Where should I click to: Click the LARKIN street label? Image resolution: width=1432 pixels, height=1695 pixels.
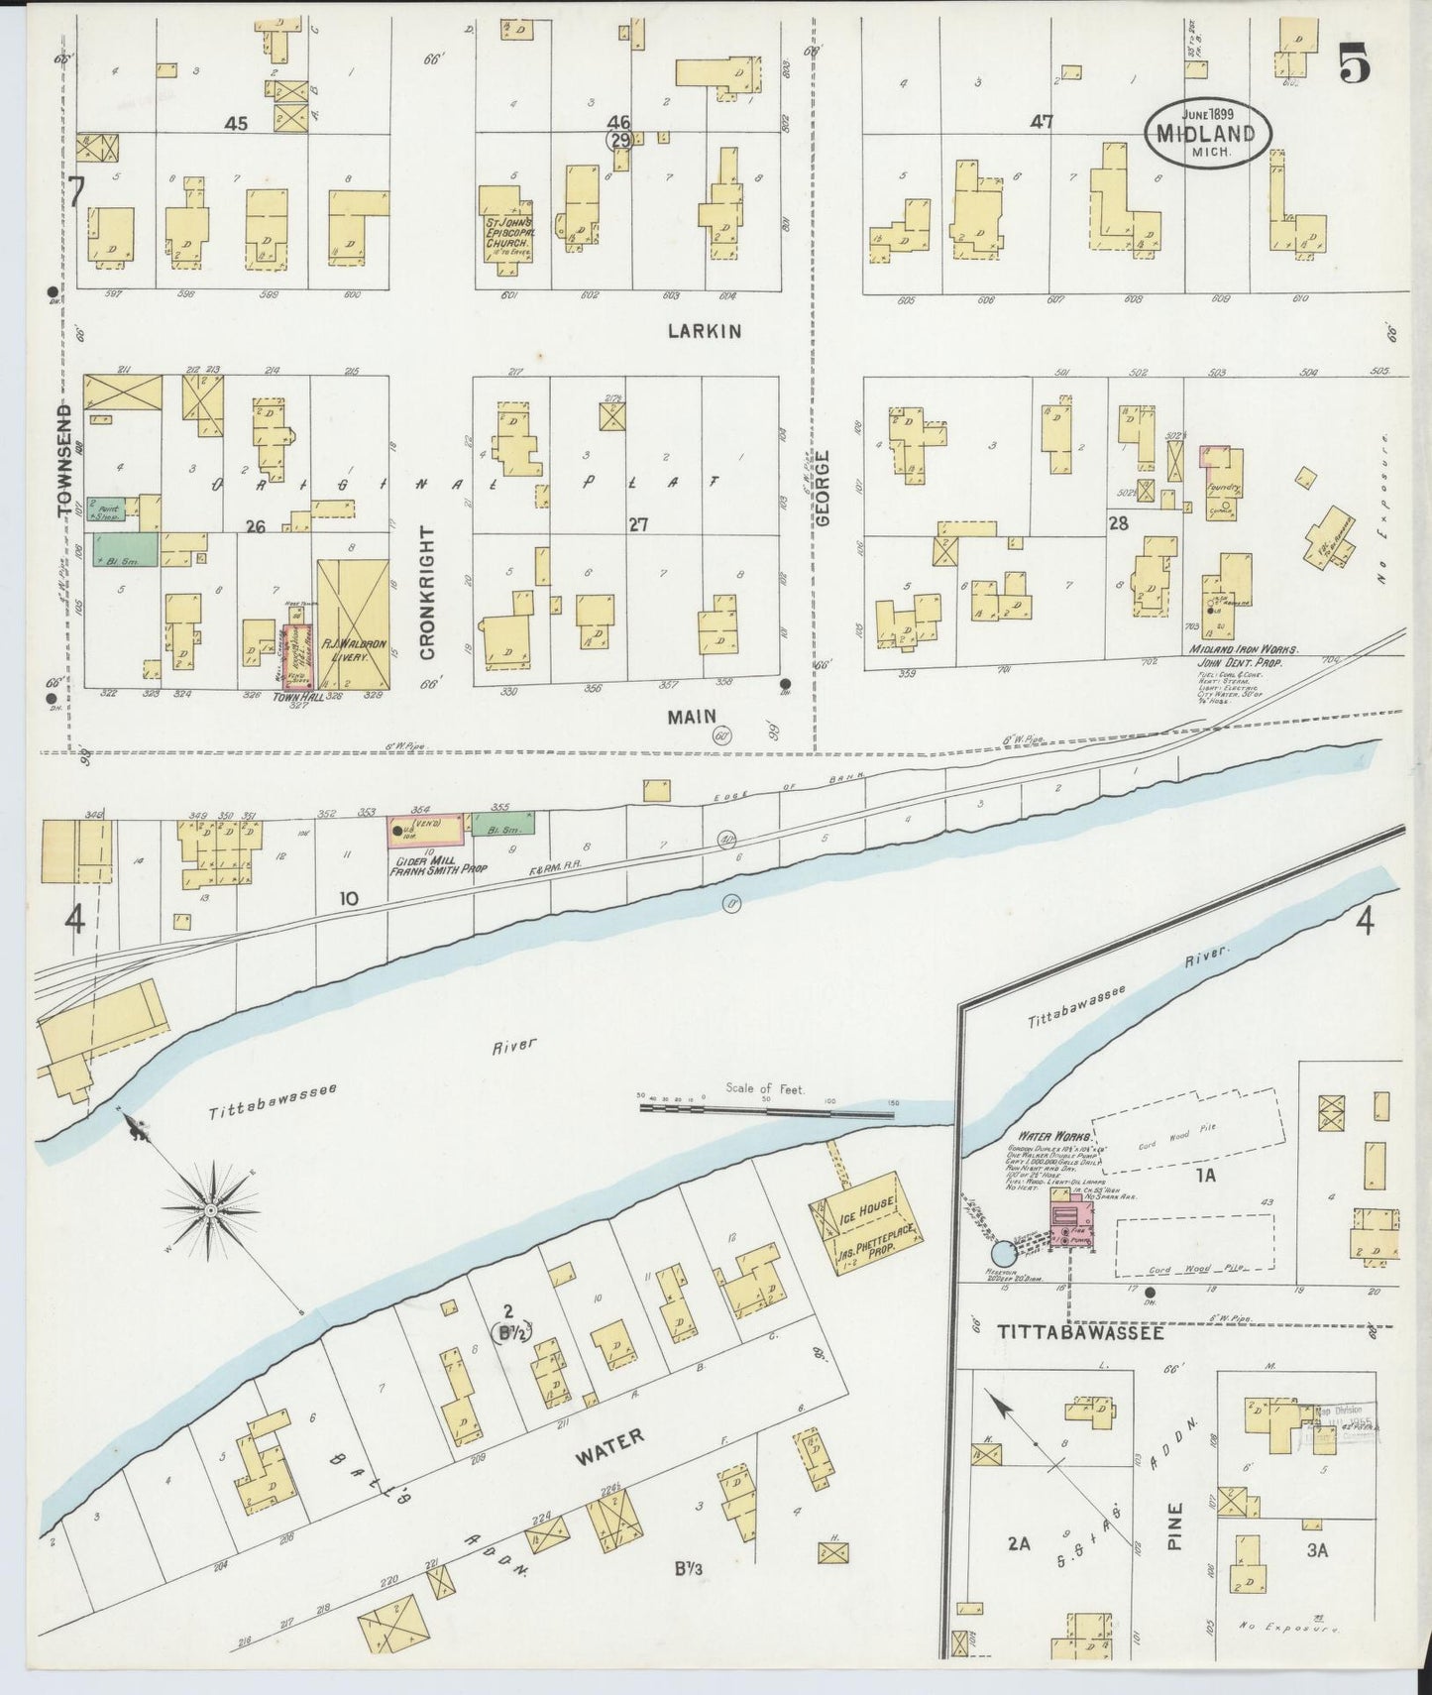point(704,331)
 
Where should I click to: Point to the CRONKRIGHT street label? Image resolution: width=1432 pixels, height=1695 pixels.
point(428,594)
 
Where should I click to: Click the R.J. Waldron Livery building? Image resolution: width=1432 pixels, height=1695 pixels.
point(353,624)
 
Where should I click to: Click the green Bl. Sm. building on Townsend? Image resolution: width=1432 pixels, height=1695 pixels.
point(126,549)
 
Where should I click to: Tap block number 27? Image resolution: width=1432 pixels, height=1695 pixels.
point(637,524)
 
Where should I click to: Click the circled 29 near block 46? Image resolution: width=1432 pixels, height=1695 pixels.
point(620,141)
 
